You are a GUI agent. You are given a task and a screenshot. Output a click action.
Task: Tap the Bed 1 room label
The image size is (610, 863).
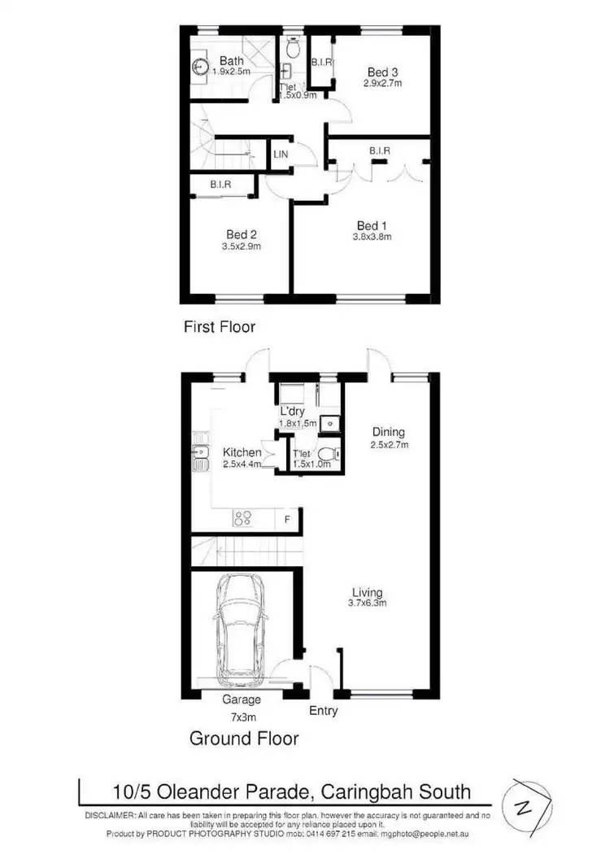pos(368,225)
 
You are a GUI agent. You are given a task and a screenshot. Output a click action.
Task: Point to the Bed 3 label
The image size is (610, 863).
pos(380,72)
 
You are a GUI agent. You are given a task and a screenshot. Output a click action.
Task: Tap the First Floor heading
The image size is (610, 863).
pos(219,327)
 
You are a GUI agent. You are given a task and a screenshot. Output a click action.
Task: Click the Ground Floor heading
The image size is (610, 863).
pos(244,739)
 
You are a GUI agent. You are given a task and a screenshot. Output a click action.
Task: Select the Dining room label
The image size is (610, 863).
pos(389,432)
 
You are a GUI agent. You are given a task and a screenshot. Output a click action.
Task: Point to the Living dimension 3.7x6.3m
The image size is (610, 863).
pos(368,604)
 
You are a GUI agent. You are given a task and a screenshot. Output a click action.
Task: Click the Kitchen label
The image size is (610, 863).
pos(242,452)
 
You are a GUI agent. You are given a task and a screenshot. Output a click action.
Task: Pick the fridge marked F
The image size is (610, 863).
pos(287,518)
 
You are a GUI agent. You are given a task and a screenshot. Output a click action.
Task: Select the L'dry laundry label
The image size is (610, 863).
pos(292,412)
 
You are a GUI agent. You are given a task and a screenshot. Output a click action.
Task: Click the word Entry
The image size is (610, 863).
pos(324,711)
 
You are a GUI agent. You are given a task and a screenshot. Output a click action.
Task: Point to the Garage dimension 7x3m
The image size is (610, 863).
pos(242,717)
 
